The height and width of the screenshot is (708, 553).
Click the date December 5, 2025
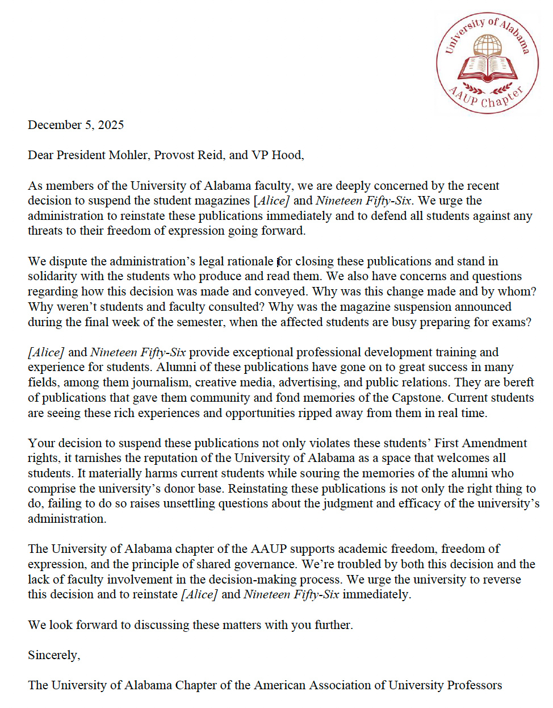pyautogui.click(x=76, y=125)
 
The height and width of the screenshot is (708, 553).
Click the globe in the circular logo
pyautogui.click(x=488, y=45)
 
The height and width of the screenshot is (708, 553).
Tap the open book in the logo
pyautogui.click(x=488, y=68)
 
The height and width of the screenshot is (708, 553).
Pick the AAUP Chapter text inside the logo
pyautogui.click(x=487, y=98)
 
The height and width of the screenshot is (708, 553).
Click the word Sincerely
pyautogui.click(x=53, y=655)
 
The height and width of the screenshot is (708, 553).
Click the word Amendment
pyautogui.click(x=495, y=443)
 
